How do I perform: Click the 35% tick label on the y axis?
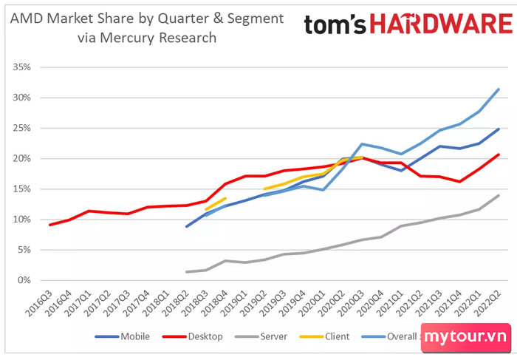pos(21,67)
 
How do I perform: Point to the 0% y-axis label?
pos(24,280)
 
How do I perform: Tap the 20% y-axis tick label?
pos(21,159)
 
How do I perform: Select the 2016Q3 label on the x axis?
pos(39,304)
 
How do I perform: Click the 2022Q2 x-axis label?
pos(487,304)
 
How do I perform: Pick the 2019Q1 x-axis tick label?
pos(234,304)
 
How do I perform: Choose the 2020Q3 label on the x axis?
pos(351,304)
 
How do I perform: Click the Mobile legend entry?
pos(123,336)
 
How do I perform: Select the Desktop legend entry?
pos(193,336)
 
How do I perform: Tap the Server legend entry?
pos(261,336)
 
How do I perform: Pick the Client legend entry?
pos(324,336)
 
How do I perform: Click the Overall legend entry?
pos(390,336)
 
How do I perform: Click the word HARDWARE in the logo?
pos(441,24)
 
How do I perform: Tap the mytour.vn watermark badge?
pos(465,337)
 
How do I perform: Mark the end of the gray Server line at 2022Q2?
pos(499,196)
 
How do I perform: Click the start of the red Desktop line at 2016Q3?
pos(49,225)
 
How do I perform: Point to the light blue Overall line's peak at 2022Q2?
pos(499,89)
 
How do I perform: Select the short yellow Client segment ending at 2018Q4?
pos(216,203)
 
